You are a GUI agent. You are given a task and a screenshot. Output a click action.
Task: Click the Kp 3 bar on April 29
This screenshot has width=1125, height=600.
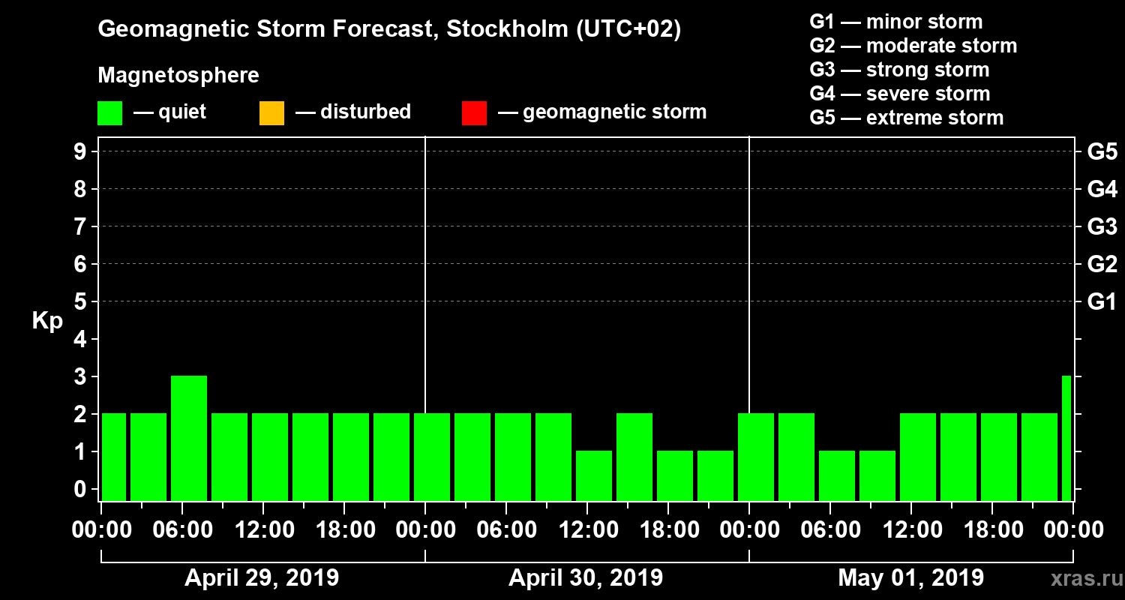coord(189,438)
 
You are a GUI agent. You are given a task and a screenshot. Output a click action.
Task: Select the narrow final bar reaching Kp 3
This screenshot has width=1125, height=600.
coord(1066,438)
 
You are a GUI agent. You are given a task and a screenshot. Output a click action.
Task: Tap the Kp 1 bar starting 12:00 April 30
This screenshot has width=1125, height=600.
coord(594,475)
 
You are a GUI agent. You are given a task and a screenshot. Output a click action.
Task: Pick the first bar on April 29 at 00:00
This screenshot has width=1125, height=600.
coord(114,457)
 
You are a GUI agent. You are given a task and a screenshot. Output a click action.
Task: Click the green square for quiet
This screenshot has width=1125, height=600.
coord(109,113)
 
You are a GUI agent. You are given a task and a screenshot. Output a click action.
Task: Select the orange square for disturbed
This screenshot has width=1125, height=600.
coord(271,113)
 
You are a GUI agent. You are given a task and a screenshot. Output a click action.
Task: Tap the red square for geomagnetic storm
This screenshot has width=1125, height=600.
coord(474,113)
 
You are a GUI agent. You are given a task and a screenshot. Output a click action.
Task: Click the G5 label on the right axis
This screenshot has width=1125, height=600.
coord(1102,151)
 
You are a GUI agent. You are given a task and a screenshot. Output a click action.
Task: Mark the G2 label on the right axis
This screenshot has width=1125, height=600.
coord(1102,264)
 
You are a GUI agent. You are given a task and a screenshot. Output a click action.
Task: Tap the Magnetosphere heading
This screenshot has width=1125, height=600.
coord(178,76)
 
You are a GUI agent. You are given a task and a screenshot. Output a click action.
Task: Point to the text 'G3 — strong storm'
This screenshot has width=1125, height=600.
coord(899,70)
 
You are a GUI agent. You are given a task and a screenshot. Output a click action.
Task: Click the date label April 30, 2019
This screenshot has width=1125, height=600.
coord(586,578)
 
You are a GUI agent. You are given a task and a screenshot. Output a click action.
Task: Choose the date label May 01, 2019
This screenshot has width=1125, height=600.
coord(910,578)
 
